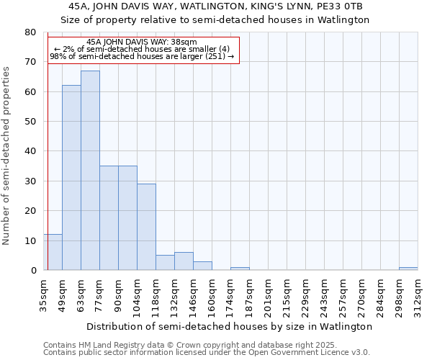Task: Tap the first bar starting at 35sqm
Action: (53, 252)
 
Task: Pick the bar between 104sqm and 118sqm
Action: (146, 227)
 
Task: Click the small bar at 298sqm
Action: (408, 269)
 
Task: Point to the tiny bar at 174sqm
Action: (240, 269)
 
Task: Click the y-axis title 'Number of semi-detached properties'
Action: (7, 156)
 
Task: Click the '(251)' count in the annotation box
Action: (215, 56)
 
